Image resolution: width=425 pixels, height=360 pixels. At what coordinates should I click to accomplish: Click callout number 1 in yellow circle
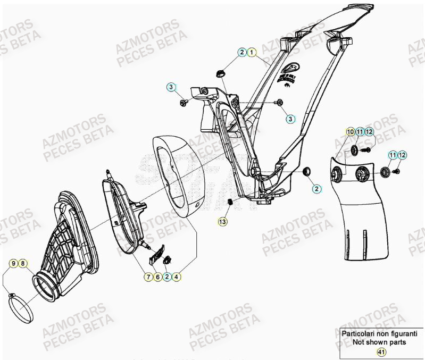[x=252, y=52]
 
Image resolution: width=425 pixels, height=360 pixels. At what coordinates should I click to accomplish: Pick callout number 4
[x=177, y=277]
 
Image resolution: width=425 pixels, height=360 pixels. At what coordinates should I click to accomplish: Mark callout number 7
[x=147, y=277]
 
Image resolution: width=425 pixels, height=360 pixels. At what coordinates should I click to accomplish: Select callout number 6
[x=157, y=277]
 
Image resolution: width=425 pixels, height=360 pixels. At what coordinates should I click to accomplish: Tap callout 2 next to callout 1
[x=242, y=52]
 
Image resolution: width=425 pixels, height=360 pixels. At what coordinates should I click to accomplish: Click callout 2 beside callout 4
[x=167, y=277]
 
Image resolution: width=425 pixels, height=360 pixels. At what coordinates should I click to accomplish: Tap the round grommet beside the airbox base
[x=306, y=172]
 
